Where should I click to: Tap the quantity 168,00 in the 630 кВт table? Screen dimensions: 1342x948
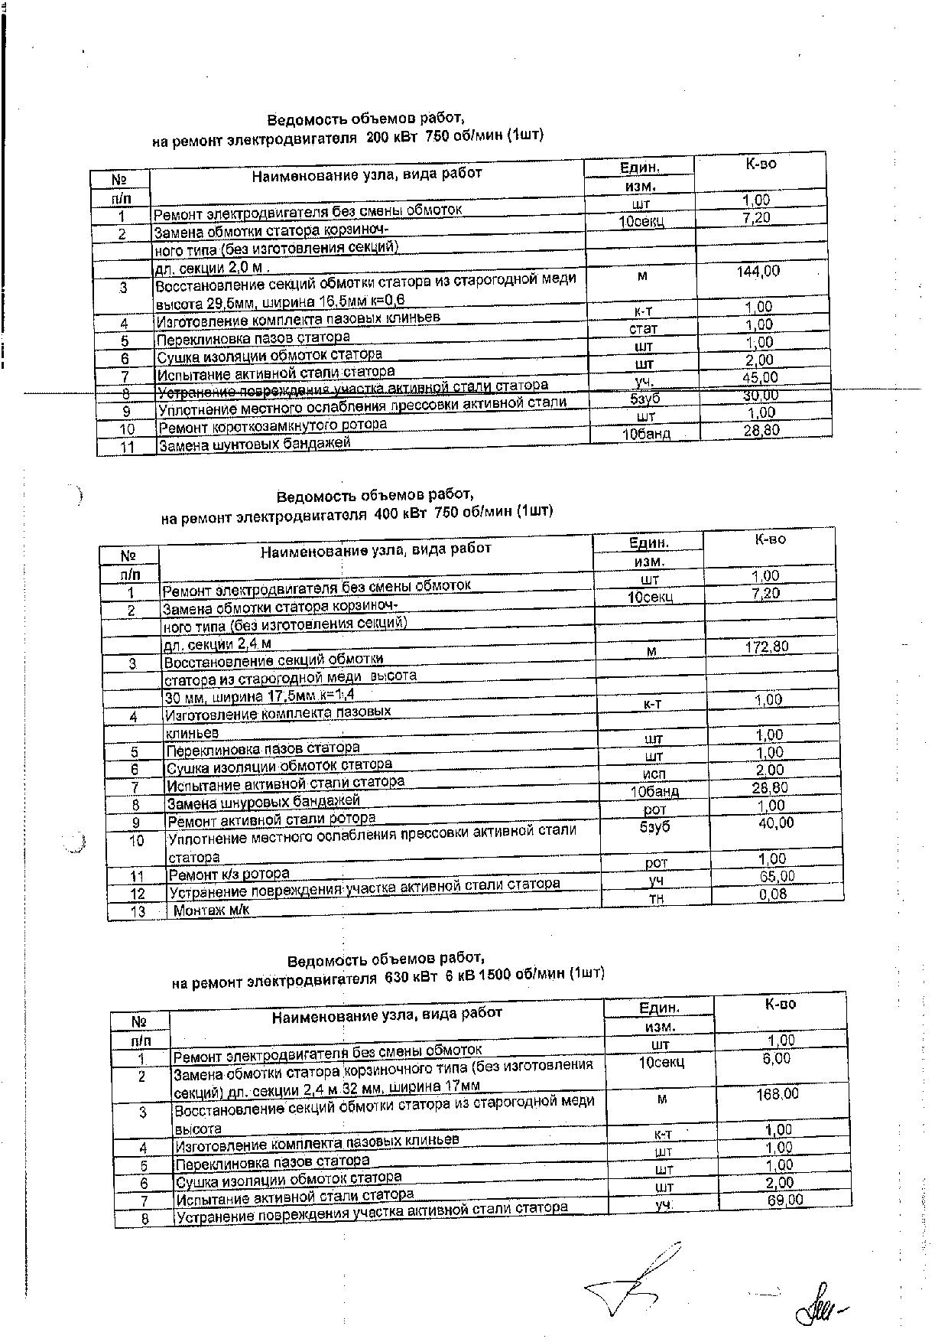coord(778,1094)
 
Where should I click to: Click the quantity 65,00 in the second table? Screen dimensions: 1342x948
coord(777,876)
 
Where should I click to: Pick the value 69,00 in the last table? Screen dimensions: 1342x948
coord(785,1200)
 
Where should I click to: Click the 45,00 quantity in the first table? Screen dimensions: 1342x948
coord(760,377)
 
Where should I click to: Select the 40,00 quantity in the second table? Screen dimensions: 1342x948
coord(776,823)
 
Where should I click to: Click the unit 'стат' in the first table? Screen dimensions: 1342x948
coord(642,329)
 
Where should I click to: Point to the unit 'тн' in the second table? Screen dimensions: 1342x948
coord(656,898)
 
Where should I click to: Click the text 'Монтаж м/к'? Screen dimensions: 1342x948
coord(212,910)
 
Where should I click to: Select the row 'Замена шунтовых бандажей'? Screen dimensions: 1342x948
coord(253,444)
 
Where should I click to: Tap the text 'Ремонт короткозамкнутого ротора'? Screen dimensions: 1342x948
coord(271,425)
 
